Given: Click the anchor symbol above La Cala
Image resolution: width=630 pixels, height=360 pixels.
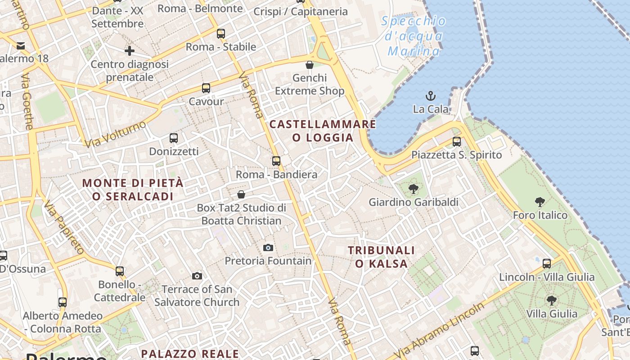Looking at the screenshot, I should coord(431,96).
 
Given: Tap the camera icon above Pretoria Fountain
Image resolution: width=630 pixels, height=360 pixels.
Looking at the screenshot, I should coord(268,247).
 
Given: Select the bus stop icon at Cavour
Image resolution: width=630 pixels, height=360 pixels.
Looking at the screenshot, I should coord(206,88).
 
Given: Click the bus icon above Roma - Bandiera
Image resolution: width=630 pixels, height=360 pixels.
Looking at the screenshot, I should coord(276,161).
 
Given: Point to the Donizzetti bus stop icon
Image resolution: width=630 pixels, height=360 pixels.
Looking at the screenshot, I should coord(174,138).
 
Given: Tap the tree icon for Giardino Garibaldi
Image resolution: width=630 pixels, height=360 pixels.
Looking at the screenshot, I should coord(414,189).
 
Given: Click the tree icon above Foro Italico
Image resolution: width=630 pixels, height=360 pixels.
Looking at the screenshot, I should coord(540,202).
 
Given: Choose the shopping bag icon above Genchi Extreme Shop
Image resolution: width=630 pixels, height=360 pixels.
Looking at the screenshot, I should coord(310,65).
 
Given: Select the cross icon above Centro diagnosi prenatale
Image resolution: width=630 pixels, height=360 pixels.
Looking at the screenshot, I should coord(130,51).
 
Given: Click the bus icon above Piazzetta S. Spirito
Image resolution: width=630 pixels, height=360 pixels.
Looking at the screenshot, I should coord(457,142).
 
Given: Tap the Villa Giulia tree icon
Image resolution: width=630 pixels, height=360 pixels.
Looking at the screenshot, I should coord(551,301).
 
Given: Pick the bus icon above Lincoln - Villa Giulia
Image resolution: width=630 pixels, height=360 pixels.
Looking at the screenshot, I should coord(547,264).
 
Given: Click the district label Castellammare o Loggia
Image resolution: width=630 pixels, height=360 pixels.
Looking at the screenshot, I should coord(323,130).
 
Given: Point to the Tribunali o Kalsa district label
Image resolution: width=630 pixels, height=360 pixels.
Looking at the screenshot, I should coord(381,257).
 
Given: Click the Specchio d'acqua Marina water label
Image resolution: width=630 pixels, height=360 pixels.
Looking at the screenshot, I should coord(413,36).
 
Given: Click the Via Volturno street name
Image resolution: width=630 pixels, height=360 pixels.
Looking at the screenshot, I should coord(116,134).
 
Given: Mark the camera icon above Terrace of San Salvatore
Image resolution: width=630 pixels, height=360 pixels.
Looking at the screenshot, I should coord(197,276).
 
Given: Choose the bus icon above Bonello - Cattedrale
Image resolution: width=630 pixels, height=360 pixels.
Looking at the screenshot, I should coord(120,271).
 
